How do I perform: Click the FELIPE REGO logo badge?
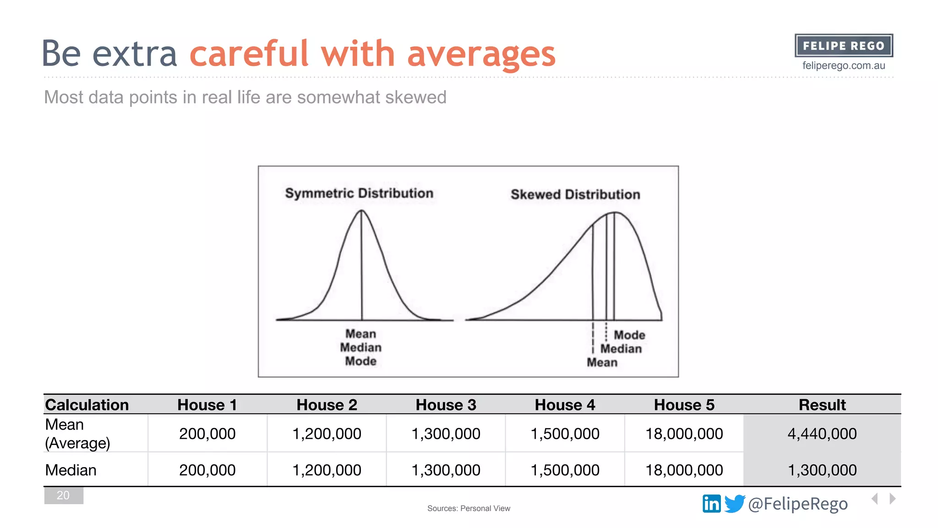844,46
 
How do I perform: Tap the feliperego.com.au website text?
844,66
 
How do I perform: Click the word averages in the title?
481,54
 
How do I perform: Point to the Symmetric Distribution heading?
359,193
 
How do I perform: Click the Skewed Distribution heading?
575,194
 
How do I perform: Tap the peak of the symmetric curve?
361,211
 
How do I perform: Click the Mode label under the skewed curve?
629,335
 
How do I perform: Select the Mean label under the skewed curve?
602,363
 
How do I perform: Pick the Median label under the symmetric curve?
360,347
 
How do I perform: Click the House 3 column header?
446,405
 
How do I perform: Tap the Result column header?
822,405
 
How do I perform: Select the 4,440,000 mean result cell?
822,434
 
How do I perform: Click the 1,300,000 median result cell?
822,470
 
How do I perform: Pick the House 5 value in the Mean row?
684,434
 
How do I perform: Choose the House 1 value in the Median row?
207,470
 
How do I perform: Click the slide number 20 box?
63,495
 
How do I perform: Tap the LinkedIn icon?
711,504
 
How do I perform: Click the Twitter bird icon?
735,504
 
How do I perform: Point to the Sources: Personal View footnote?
469,508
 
